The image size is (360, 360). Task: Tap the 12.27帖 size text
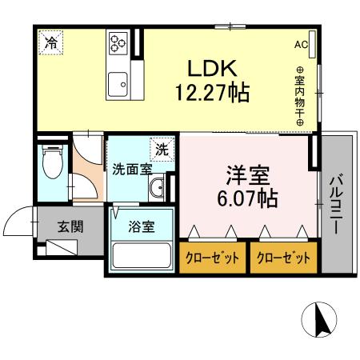tap(212, 92)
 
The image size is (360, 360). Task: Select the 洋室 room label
tap(246, 174)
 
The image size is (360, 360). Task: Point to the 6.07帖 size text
tap(246, 198)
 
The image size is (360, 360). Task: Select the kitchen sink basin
tap(120, 81)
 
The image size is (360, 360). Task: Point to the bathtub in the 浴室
tap(142, 257)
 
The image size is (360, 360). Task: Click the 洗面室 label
tap(132, 170)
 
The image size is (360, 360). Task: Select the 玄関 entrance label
tap(70, 226)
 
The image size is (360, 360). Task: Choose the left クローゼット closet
tap(212, 258)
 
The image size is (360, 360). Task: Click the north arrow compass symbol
tap(320, 321)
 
